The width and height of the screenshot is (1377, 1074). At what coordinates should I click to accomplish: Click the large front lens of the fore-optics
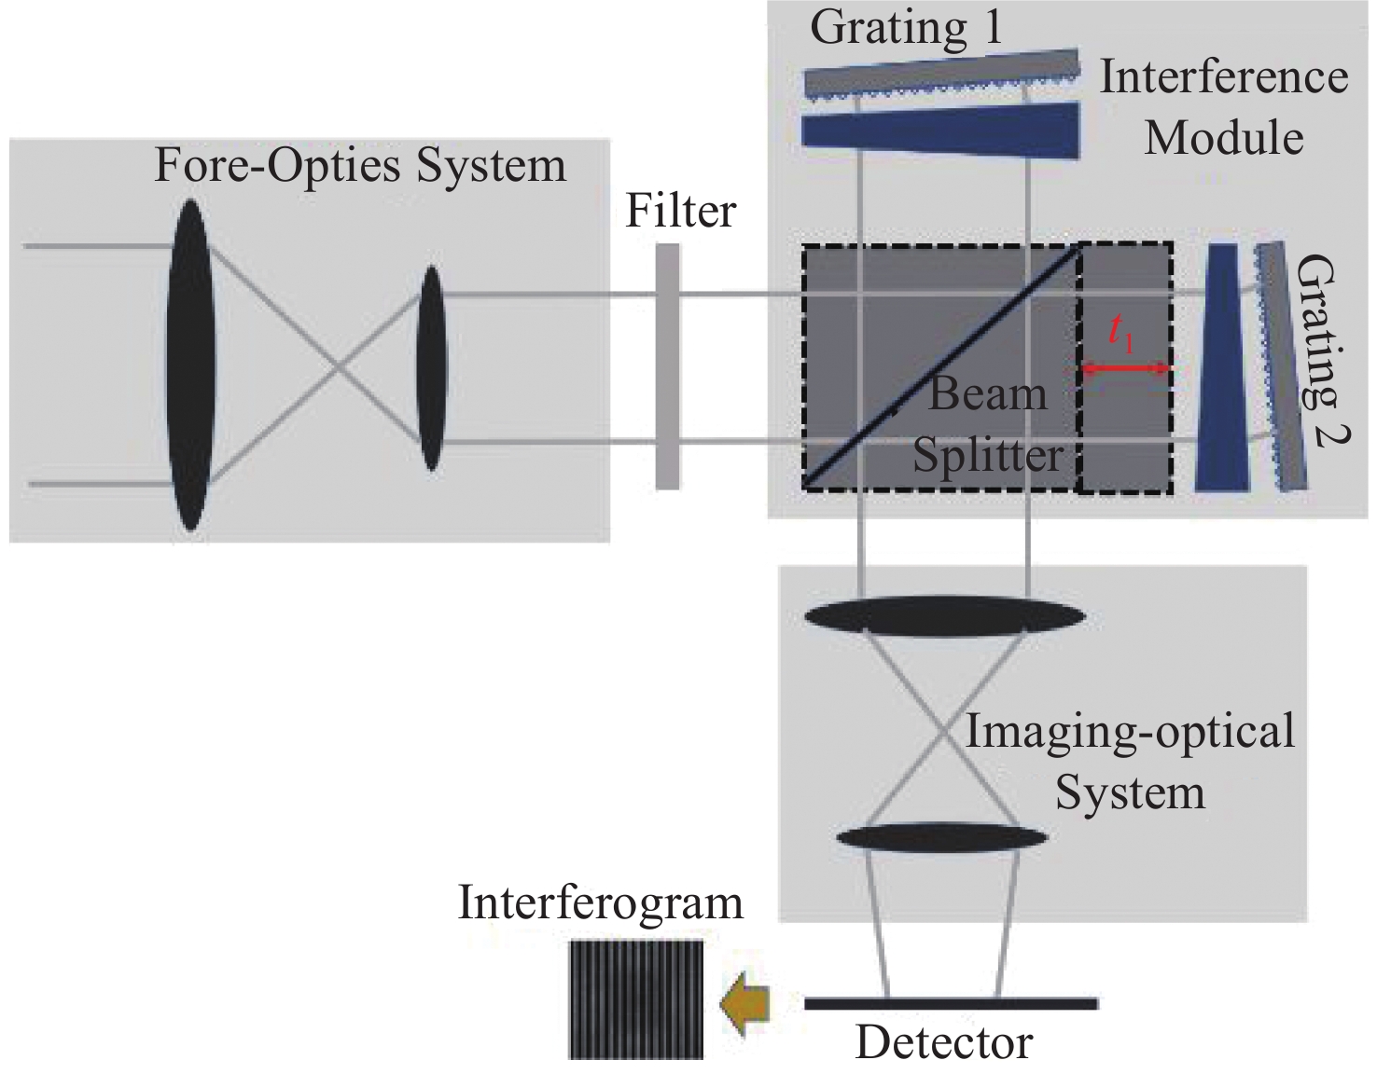point(190,365)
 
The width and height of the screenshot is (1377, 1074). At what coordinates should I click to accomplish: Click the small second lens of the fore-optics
point(430,367)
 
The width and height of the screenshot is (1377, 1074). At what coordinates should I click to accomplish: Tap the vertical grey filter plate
point(667,365)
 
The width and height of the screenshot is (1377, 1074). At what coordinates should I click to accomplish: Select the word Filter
point(681,211)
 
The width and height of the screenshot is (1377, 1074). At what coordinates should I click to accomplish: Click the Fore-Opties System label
point(360,166)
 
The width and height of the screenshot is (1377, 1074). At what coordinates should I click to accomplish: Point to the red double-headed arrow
point(1124,369)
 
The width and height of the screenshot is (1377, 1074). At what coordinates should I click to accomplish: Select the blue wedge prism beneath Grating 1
point(942,129)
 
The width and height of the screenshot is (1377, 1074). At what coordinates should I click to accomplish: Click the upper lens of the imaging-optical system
point(944,616)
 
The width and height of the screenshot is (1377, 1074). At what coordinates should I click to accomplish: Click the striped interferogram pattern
point(637,999)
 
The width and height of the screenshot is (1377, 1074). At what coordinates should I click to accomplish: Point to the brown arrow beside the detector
point(746,1003)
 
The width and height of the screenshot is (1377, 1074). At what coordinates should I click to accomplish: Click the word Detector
point(944,1042)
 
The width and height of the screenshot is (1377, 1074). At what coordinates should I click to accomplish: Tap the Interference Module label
point(1224,107)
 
